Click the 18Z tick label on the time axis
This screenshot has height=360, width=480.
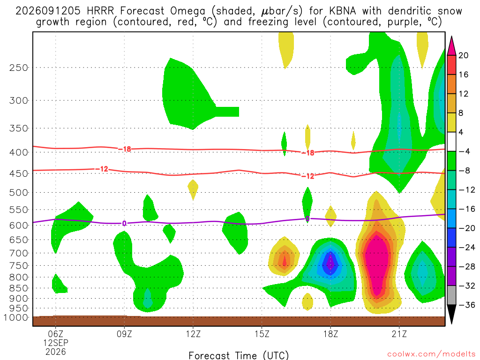click(330, 334)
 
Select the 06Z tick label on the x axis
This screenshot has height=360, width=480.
click(55, 334)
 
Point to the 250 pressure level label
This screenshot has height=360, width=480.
click(19, 67)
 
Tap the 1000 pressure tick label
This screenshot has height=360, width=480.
click(16, 318)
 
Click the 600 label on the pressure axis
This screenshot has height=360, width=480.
click(19, 225)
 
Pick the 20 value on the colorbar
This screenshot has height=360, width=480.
click(464, 55)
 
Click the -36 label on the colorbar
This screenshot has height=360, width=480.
click(467, 305)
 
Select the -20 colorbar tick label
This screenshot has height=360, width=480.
click(467, 228)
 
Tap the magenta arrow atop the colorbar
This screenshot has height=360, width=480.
click(451, 46)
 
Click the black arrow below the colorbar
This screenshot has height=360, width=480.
click(451, 314)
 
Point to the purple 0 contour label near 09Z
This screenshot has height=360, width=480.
click(124, 224)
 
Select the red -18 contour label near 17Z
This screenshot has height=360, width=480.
click(308, 153)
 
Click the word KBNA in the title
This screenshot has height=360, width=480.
click(343, 11)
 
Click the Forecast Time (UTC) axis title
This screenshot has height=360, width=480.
click(239, 355)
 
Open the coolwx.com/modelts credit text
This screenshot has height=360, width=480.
click(431, 354)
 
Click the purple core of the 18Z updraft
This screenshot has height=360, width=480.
click(330, 263)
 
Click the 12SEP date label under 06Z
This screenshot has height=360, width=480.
click(55, 343)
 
